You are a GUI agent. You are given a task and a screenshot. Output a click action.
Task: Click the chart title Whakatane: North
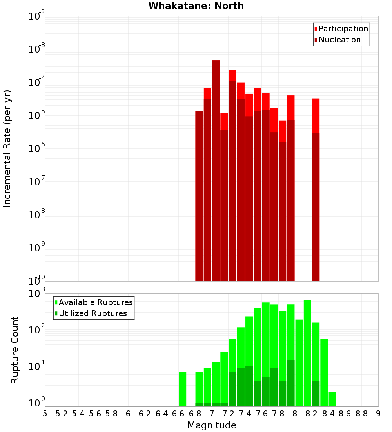196,6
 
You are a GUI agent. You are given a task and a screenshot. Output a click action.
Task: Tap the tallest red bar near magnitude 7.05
216,169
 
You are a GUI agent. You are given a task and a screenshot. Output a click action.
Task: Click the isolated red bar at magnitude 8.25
316,189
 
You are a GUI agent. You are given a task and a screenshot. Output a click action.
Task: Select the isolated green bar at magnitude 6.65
182,389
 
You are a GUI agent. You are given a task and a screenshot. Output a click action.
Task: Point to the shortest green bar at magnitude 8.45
332,399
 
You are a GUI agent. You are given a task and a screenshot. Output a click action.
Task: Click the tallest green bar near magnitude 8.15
307,353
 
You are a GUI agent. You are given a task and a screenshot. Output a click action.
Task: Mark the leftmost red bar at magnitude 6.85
199,196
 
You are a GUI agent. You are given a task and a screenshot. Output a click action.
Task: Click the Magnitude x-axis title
212,425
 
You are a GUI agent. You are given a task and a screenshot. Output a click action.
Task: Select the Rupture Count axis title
15,350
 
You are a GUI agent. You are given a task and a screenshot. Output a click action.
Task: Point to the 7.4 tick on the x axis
245,414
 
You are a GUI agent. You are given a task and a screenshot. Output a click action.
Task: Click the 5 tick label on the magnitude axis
45,414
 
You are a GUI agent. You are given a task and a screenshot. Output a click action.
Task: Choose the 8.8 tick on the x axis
361,414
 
